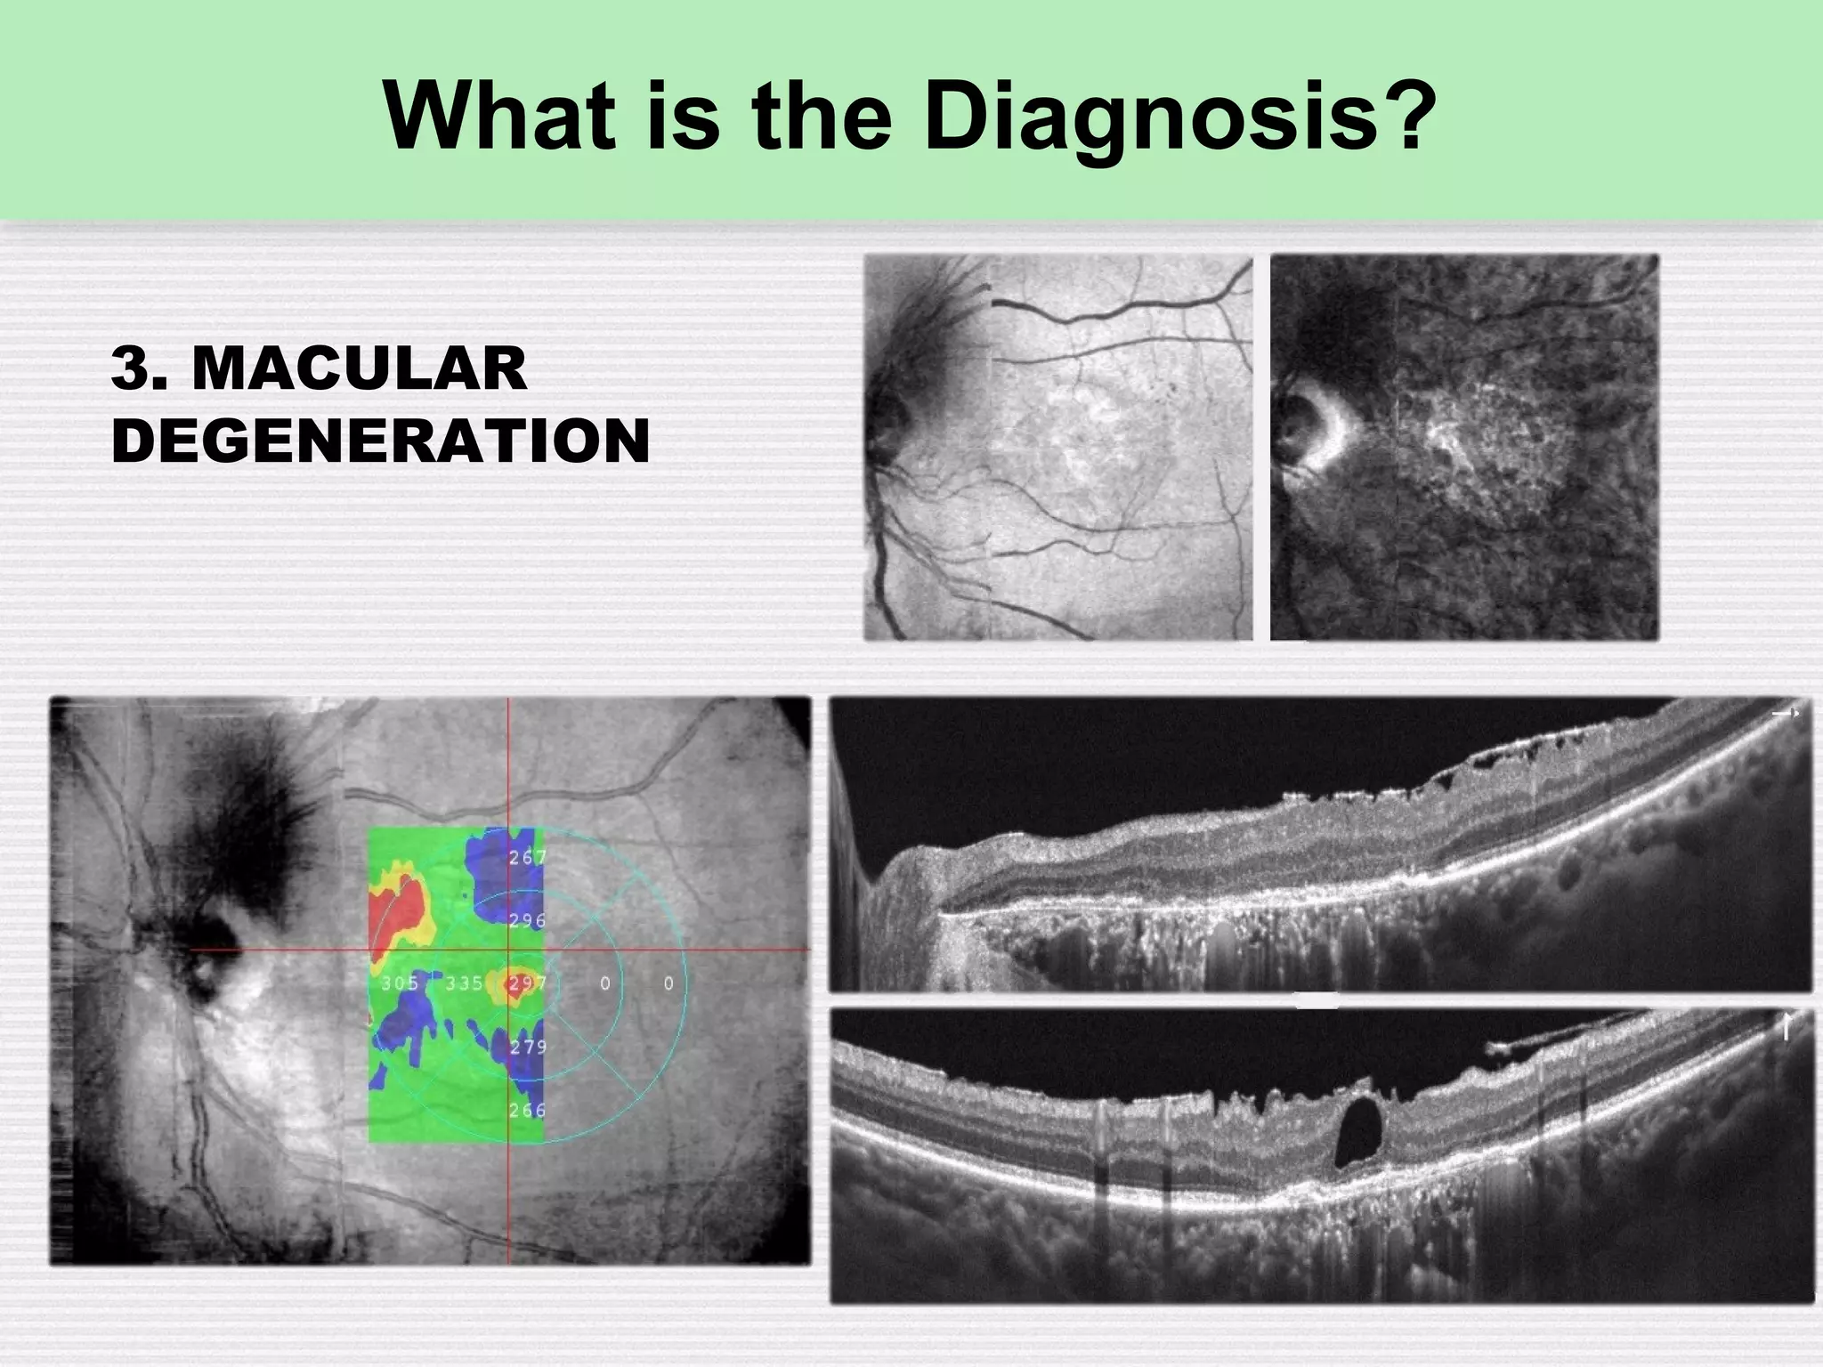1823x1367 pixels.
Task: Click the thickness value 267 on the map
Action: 527,858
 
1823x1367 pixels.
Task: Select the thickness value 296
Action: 527,920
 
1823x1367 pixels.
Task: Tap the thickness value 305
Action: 400,983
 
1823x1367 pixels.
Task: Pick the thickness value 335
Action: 464,983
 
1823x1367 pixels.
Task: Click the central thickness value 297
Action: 527,984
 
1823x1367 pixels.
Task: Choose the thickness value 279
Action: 528,1047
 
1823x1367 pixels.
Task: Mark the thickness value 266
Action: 527,1110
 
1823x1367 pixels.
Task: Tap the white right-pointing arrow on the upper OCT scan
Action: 1785,713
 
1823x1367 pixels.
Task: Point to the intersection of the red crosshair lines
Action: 508,950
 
